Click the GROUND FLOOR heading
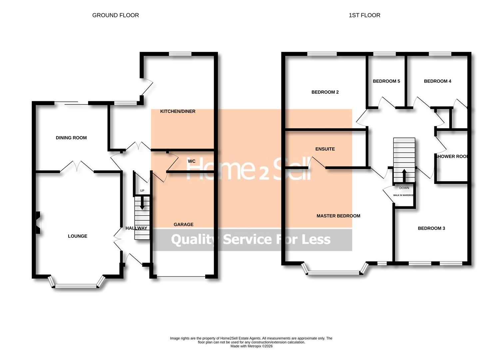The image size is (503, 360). (x=115, y=15)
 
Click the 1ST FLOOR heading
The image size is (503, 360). (x=364, y=15)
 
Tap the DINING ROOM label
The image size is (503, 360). (x=71, y=138)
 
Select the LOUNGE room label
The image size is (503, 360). (x=77, y=236)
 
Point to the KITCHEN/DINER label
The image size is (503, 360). (x=178, y=111)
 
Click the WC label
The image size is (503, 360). (x=192, y=161)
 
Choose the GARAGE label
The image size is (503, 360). (x=183, y=225)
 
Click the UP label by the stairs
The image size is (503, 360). (x=142, y=191)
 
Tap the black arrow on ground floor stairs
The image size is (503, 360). (x=142, y=203)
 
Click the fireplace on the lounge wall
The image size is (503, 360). (x=38, y=223)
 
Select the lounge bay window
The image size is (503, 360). (x=76, y=285)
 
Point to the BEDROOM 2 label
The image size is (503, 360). (x=325, y=92)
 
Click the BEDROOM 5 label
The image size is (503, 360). (x=386, y=81)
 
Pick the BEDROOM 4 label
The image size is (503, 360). (x=437, y=81)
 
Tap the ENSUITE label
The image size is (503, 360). (x=325, y=149)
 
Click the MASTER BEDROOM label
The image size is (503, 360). (x=338, y=216)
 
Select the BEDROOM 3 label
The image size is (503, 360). (x=431, y=228)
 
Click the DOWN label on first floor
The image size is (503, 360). (x=404, y=188)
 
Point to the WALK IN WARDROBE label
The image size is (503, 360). (x=403, y=195)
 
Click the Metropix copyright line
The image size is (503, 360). (x=251, y=346)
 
